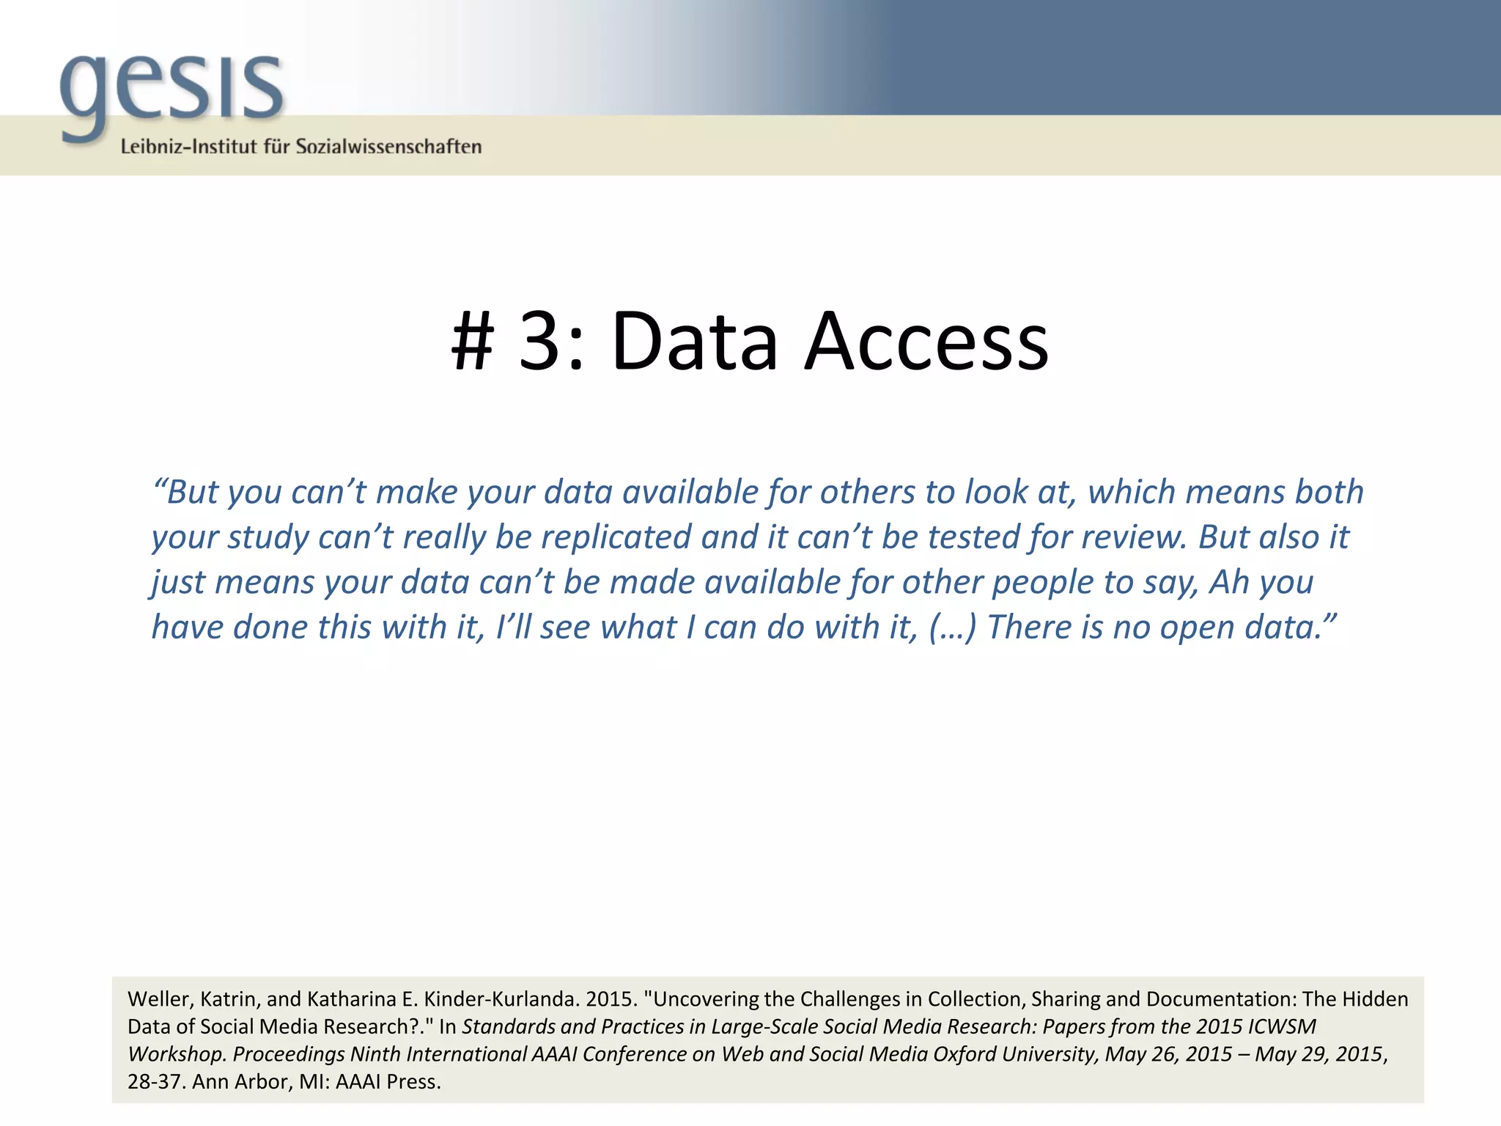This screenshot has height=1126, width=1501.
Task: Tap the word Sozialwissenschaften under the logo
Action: pyautogui.click(x=388, y=147)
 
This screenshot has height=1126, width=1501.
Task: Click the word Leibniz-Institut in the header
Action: pyautogui.click(x=189, y=147)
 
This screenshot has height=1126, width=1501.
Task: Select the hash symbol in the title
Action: pyautogui.click(x=472, y=342)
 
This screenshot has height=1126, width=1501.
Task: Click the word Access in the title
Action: pyautogui.click(x=926, y=342)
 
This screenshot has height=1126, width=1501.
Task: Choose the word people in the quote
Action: pyautogui.click(x=1041, y=583)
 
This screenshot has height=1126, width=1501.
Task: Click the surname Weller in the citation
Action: pyautogui.click(x=158, y=999)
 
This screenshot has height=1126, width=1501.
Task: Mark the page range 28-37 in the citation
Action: pyautogui.click(x=155, y=1082)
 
